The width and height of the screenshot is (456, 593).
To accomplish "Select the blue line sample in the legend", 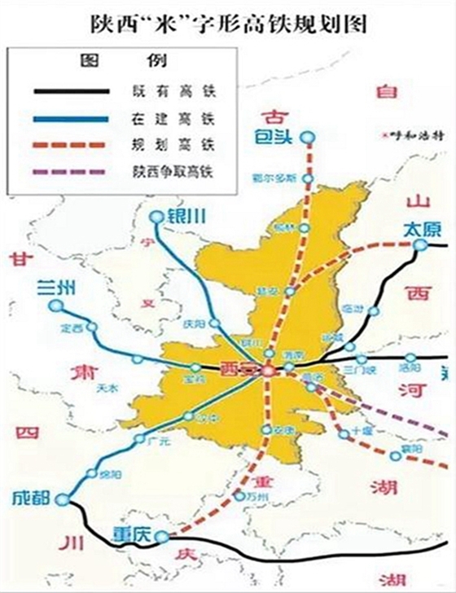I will [69, 118].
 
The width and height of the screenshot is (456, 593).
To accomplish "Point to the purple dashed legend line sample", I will [69, 173].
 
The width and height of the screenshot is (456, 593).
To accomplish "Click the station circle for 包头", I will [308, 137].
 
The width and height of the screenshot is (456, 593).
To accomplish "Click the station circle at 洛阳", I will [410, 357].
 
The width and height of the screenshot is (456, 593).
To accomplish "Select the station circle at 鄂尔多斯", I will [307, 178].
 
